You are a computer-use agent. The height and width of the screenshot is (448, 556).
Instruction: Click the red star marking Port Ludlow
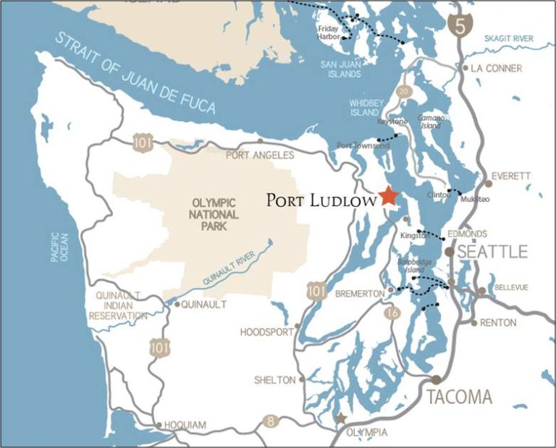[x=389, y=195]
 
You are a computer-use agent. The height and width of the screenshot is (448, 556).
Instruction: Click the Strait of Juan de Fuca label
[x=138, y=73]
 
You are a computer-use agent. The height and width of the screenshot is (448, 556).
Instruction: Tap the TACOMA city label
[x=459, y=397]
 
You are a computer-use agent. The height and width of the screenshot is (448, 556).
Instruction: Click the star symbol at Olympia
[x=341, y=418]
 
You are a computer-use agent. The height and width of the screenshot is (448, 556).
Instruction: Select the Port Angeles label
[x=260, y=155]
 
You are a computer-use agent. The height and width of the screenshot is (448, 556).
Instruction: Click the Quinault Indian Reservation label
[x=117, y=305]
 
